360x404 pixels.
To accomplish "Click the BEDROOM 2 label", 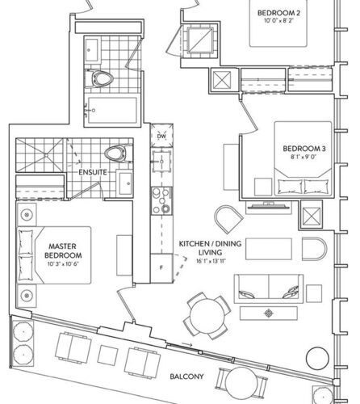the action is (278, 13).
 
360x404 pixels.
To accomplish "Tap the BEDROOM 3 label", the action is (304, 149).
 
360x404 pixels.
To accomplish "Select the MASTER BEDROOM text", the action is (63, 250).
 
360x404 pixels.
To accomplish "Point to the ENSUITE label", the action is (93, 172).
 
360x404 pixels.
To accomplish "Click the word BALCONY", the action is (186, 377).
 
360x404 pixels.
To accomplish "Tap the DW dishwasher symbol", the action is (161, 136).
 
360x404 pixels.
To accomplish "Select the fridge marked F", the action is (161, 268).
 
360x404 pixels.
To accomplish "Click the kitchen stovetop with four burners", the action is (161, 201).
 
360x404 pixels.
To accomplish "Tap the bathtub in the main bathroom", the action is (112, 110).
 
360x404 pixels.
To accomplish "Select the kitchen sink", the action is (161, 162).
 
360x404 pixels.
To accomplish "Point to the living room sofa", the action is (269, 288).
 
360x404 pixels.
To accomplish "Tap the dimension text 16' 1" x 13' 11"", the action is (211, 261).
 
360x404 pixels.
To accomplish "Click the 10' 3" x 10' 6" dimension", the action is (63, 264).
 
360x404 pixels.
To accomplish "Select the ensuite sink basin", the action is (126, 183).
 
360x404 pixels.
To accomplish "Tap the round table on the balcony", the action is (241, 384).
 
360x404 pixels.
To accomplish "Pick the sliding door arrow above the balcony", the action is (187, 345).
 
